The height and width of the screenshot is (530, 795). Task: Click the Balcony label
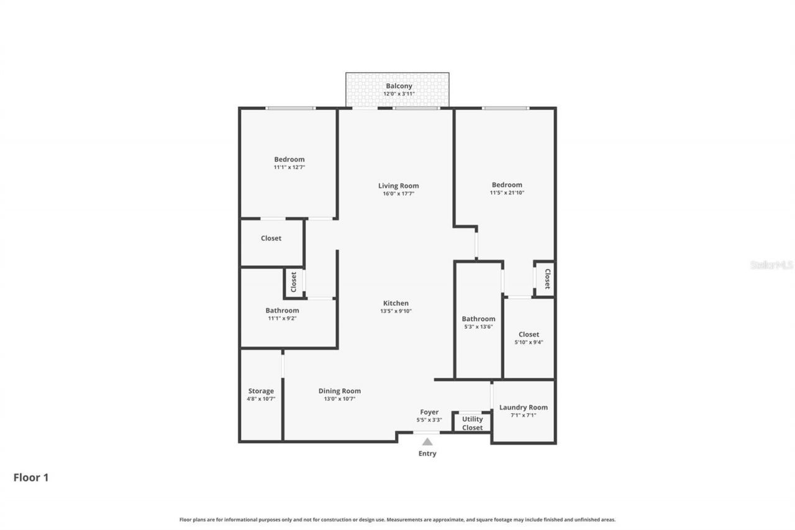pos(399,86)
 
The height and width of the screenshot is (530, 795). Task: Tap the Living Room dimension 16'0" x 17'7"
pos(398,194)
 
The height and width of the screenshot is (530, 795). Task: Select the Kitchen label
pos(396,303)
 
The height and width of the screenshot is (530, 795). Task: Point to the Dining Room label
pos(340,391)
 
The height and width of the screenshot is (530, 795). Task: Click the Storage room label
pos(261,391)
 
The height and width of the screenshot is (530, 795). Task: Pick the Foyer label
pos(429,412)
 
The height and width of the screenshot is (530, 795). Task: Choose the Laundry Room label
pos(524,408)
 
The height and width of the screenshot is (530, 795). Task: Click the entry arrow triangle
pos(427,442)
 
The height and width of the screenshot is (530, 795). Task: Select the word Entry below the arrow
pos(427,454)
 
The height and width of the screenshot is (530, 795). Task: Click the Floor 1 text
pos(31,478)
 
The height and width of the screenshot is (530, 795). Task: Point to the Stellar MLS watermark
pos(771,265)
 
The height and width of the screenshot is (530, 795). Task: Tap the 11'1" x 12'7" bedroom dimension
pos(289,167)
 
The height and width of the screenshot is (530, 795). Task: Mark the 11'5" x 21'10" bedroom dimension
pos(507,193)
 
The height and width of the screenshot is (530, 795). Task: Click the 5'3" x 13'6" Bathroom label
pos(478,319)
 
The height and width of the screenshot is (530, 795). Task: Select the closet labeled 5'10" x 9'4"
pos(529,334)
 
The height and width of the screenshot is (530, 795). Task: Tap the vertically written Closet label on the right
pos(547,279)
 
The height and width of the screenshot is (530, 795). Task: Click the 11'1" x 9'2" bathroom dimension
pos(282,318)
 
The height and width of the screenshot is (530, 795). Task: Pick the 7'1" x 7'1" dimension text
pos(524,415)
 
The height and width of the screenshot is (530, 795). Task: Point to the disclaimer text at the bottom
pos(397,519)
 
